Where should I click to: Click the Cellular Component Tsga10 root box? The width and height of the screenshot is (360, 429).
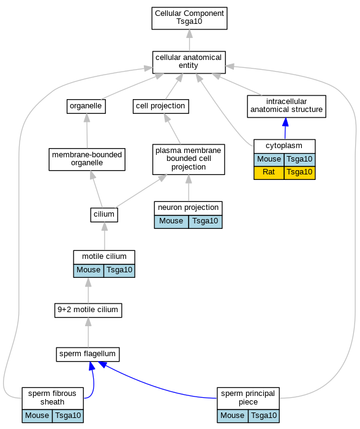click(x=189, y=18)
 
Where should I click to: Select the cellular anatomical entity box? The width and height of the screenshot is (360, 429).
click(x=189, y=62)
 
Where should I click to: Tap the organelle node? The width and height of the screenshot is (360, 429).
click(x=86, y=106)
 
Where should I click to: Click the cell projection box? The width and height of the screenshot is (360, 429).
click(x=160, y=106)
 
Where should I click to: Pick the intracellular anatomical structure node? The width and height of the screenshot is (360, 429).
click(x=287, y=106)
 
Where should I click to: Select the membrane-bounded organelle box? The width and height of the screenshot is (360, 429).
click(x=87, y=160)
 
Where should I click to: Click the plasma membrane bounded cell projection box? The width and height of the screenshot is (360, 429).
click(x=189, y=159)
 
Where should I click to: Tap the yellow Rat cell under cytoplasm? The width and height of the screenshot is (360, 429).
click(x=269, y=173)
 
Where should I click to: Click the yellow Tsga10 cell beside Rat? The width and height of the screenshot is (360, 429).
click(x=299, y=173)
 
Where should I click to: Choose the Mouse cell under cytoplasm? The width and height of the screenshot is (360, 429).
click(x=269, y=160)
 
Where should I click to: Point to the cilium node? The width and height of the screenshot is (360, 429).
click(x=104, y=215)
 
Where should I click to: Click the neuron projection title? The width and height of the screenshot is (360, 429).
click(x=189, y=207)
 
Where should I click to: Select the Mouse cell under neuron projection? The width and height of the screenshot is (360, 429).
click(x=171, y=222)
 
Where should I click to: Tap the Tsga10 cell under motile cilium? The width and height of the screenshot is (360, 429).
click(x=119, y=270)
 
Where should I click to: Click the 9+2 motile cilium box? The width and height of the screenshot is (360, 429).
click(x=88, y=310)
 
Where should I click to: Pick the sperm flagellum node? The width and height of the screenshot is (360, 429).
click(x=88, y=354)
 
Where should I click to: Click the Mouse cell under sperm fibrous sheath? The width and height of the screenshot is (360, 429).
click(x=37, y=416)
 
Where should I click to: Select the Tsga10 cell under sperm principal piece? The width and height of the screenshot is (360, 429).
click(x=264, y=416)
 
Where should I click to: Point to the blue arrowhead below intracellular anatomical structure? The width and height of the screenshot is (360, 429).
click(x=285, y=122)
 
